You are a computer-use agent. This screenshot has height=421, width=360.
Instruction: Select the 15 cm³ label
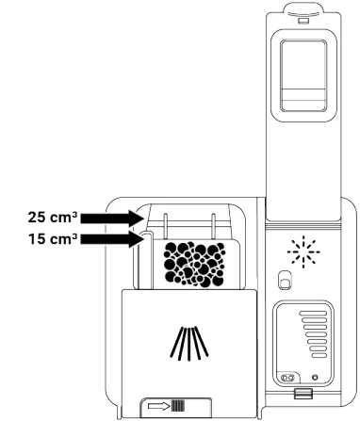pyautogui.click(x=46, y=239)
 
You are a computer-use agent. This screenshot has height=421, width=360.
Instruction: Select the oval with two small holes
pyautogui.click(x=282, y=380)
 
